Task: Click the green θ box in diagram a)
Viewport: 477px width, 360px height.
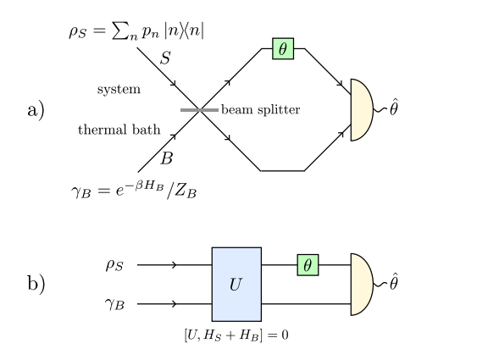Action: tap(283, 49)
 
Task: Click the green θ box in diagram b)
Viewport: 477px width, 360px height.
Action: tap(308, 265)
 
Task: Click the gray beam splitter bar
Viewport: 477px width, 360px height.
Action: tap(199, 109)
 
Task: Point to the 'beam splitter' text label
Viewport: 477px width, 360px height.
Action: tap(260, 110)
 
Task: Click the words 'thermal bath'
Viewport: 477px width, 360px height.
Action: tap(107, 130)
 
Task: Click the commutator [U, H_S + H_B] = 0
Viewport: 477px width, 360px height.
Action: tap(236, 335)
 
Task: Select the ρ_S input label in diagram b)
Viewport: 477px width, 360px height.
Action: tap(115, 265)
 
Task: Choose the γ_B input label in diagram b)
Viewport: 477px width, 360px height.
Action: tap(115, 303)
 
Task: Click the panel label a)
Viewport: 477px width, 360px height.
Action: tap(36, 110)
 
